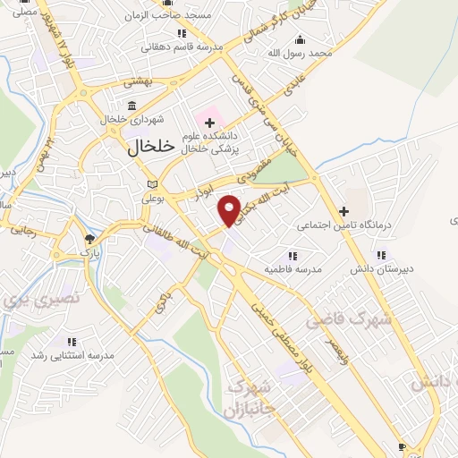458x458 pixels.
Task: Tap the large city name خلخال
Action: tap(140, 149)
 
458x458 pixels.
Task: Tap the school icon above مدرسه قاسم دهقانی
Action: tap(182, 33)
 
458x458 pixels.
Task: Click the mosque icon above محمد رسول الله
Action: tap(300, 39)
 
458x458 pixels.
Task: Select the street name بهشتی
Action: tap(139, 81)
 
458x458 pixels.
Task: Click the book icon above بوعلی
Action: tap(151, 184)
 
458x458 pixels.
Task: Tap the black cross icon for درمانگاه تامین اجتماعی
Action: tap(343, 210)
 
